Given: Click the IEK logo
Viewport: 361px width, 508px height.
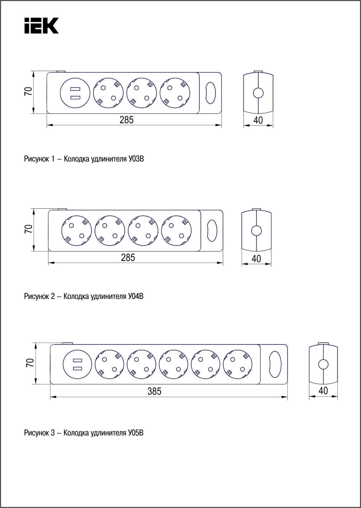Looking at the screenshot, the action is (x=41, y=26).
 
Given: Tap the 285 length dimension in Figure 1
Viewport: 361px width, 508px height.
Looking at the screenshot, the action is (x=126, y=120).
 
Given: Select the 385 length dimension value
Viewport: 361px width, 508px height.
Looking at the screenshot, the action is (x=154, y=391).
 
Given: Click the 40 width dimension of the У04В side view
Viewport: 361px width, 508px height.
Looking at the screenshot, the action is (x=256, y=258).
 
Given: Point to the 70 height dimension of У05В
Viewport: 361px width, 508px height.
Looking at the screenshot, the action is (x=30, y=363).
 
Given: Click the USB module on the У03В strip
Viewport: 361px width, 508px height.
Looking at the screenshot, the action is (x=75, y=93).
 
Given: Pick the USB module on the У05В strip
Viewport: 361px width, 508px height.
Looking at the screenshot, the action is (x=77, y=364).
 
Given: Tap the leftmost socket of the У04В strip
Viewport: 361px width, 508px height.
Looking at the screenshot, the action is (x=77, y=230).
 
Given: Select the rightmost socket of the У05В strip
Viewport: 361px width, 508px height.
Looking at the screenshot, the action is (x=237, y=364).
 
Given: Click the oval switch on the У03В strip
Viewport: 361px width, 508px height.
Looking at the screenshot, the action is (x=210, y=93).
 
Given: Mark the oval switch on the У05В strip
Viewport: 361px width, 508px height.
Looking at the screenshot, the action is (x=275, y=364).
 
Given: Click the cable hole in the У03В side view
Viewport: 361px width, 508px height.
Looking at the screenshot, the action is (x=258, y=93).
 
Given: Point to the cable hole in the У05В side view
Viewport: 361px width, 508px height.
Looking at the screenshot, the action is (x=323, y=364).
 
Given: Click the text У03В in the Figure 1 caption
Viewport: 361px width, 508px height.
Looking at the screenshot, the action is (x=136, y=159).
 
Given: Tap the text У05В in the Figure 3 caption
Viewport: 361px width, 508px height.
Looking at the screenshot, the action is (x=136, y=433).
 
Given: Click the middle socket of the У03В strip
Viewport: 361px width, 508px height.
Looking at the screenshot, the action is (x=142, y=93).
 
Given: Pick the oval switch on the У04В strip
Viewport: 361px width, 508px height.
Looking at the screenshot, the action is (x=212, y=230).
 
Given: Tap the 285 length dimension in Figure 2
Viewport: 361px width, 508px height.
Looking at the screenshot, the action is (x=128, y=258).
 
